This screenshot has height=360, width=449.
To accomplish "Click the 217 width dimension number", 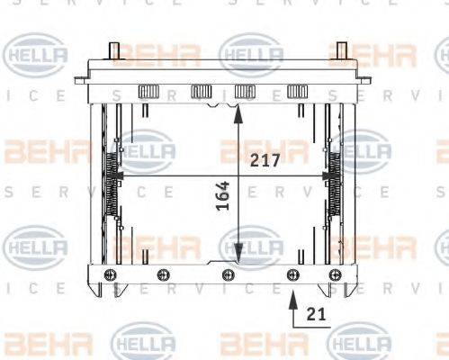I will (266, 160).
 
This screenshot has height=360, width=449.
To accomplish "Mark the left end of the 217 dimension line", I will (114, 175).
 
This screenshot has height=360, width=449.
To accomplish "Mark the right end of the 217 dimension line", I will (334, 175).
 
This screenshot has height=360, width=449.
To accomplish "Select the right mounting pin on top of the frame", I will (341, 50).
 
